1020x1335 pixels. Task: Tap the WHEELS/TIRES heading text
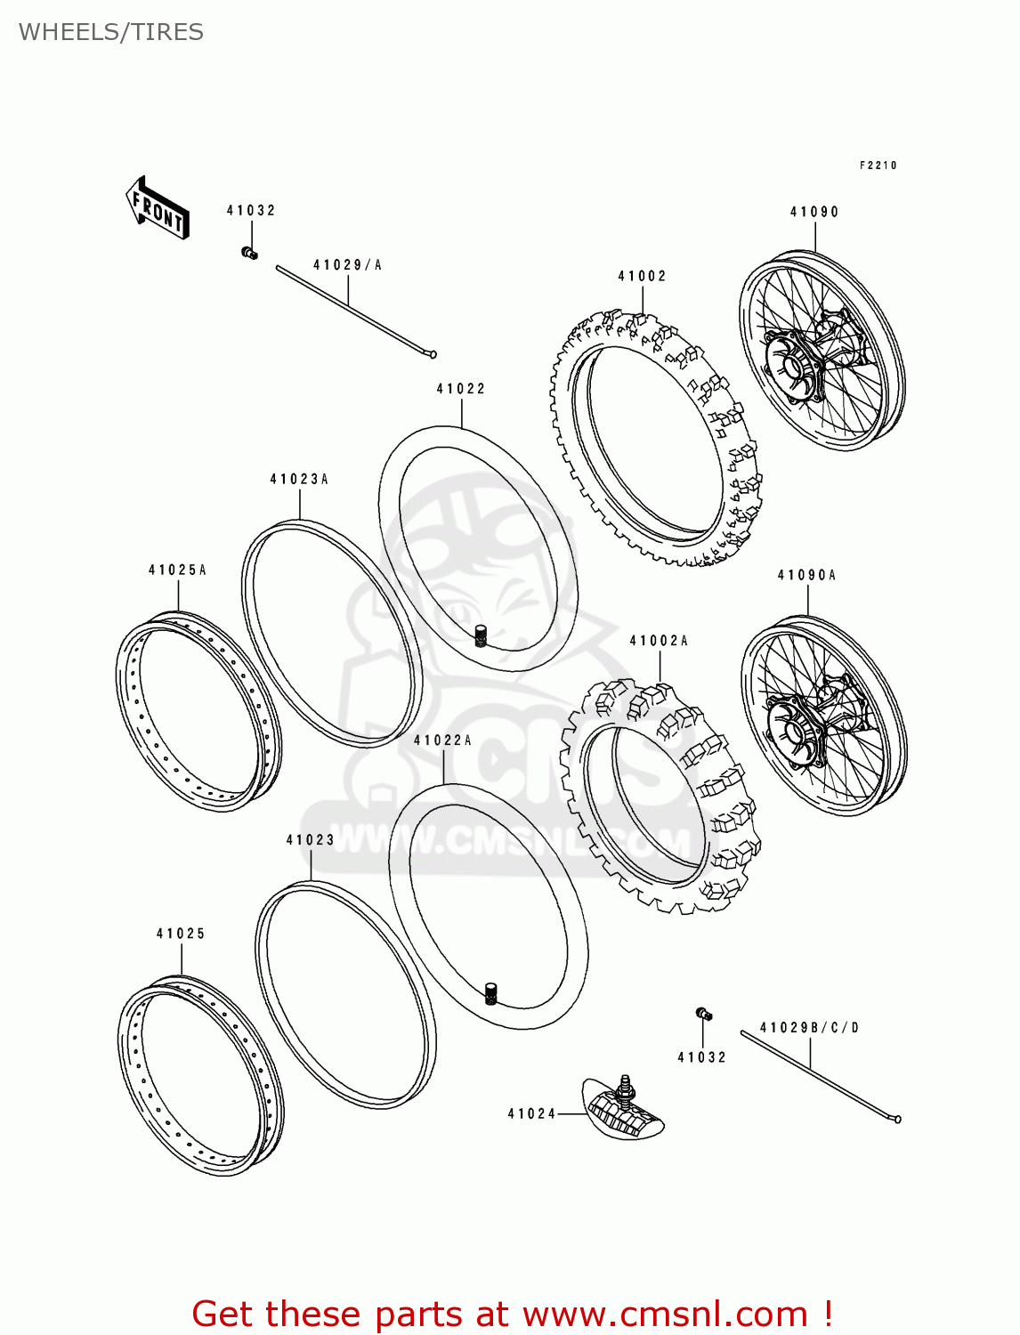coord(110,32)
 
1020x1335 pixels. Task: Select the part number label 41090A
coord(806,575)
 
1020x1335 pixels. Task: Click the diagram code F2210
coord(878,166)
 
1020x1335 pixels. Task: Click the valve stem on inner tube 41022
coord(482,635)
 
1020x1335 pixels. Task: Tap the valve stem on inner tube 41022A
coord(490,992)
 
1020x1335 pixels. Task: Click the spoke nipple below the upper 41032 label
coord(250,254)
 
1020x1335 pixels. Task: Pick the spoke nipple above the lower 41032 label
coord(703,1014)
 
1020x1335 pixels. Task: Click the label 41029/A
coord(347,265)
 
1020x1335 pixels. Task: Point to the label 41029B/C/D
coord(810,1028)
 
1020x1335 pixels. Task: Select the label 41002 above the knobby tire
coord(642,276)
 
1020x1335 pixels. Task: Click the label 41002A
coord(659,641)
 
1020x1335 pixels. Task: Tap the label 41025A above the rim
coord(177,570)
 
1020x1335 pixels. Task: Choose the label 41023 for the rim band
coord(310,839)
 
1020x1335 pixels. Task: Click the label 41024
coord(531,1113)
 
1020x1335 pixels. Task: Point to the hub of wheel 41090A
coord(792,732)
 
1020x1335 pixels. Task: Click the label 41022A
coord(442,740)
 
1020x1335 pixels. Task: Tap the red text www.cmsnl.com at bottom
coord(664,1314)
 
